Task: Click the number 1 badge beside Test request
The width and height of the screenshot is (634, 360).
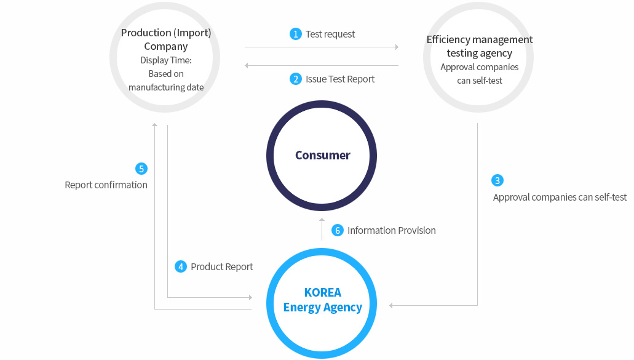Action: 296,34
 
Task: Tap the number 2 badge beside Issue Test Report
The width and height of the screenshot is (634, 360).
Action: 296,79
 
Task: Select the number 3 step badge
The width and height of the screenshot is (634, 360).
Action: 497,180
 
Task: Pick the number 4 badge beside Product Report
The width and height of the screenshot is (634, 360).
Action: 181,266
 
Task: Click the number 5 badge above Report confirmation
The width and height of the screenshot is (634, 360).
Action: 141,169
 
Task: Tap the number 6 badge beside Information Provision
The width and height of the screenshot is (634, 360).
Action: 338,230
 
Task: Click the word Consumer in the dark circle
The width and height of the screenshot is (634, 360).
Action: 323,155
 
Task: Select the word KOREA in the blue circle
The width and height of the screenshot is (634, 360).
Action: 323,292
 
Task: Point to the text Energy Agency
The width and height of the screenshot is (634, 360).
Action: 323,308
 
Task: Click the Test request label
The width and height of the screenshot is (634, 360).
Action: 330,34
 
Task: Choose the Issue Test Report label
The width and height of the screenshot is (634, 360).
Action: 340,79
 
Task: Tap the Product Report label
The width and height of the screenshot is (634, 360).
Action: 221,267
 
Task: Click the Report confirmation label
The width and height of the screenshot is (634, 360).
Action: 106,185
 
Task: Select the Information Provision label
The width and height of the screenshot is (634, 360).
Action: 391,231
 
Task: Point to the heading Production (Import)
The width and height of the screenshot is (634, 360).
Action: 166,33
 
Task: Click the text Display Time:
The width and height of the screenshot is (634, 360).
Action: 166,60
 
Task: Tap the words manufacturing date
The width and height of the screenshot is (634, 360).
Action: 166,87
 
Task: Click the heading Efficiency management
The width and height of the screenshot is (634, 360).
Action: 480,39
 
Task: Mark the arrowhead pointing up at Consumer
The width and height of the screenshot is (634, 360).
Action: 322,220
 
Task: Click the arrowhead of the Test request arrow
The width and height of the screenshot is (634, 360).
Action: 397,47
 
